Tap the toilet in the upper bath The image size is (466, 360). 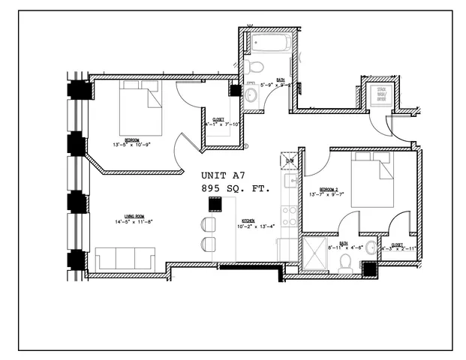(x=254, y=67)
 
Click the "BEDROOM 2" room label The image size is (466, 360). (x=329, y=189)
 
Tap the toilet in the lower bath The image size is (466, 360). (x=346, y=260)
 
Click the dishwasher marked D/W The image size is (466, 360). (x=290, y=160)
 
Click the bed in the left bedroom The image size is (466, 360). (x=141, y=109)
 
